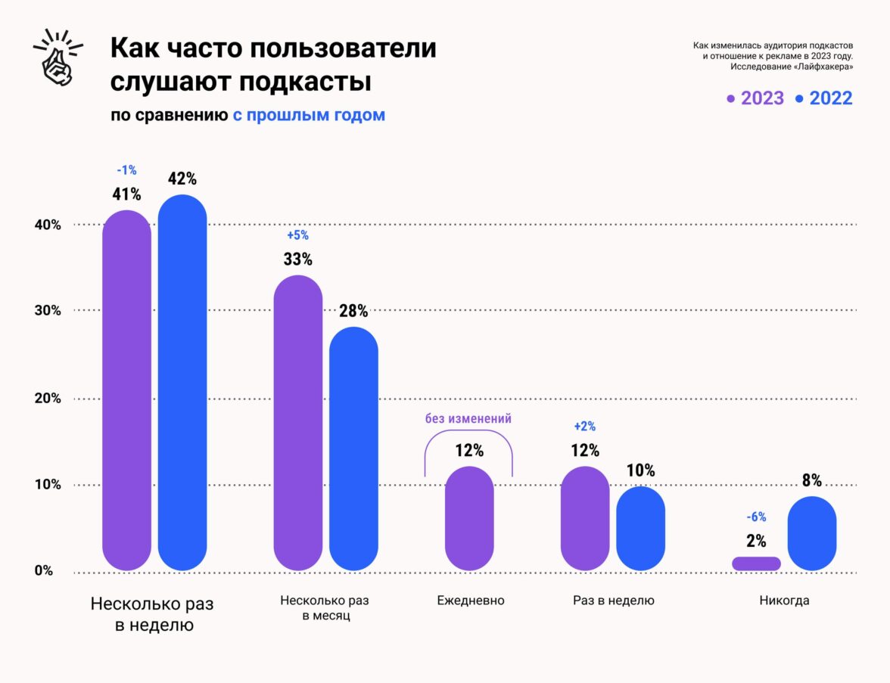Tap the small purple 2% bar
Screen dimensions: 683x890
click(756, 563)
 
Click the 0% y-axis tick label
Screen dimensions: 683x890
click(43, 570)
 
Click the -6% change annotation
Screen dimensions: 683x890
click(756, 517)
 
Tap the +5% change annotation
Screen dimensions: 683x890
click(298, 235)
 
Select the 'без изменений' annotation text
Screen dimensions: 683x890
click(468, 418)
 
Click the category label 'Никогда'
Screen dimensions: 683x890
click(785, 601)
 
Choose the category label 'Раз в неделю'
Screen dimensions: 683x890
click(613, 601)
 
